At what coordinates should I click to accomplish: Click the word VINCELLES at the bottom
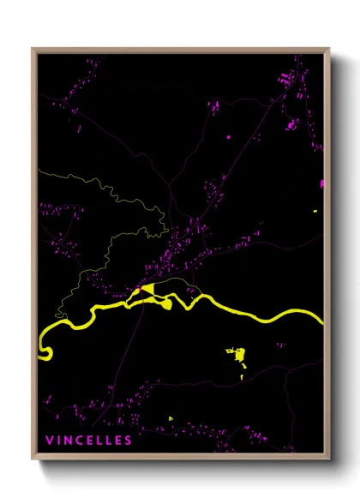pos(89,441)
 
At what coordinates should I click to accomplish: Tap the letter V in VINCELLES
pos(49,441)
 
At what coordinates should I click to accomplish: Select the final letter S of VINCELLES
pos(129,441)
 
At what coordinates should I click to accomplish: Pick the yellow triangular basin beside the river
pos(147,290)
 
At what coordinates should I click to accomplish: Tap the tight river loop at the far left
pos(45,351)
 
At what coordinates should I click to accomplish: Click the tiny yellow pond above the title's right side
pos(171,418)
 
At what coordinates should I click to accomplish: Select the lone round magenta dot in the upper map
pos(230,135)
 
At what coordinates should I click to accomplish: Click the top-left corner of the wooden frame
pos(33,50)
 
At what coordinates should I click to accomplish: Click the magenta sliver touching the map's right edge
pos(322,183)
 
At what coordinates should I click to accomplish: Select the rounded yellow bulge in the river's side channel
pos(166,302)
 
